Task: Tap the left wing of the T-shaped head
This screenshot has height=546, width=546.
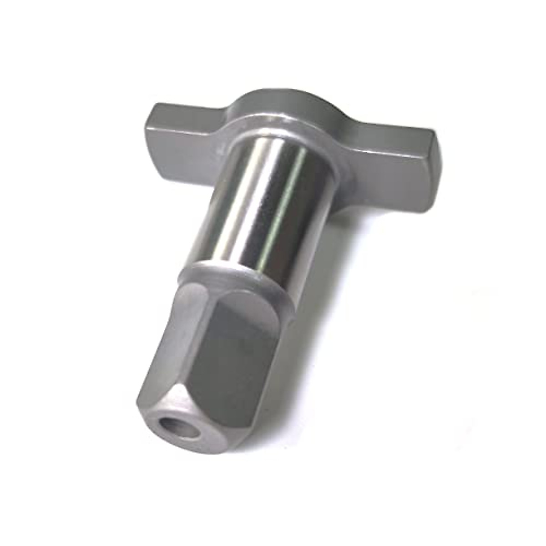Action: [x=182, y=136]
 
